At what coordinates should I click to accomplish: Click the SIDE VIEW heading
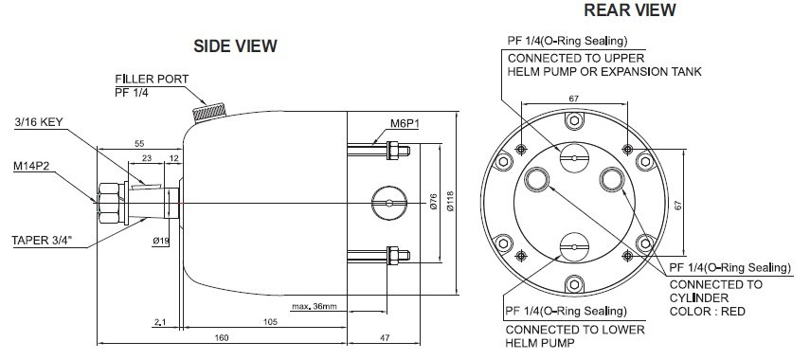point(235,46)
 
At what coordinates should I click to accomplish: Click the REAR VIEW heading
point(630,9)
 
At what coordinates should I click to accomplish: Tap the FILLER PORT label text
point(152,79)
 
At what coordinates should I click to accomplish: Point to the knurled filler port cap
point(209,112)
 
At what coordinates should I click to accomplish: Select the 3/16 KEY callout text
point(38,122)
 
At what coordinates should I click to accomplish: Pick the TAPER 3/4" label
point(44,242)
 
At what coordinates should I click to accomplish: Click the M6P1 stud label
point(405,124)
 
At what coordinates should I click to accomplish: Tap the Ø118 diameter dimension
point(449,201)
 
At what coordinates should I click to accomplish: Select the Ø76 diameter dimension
point(433,202)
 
